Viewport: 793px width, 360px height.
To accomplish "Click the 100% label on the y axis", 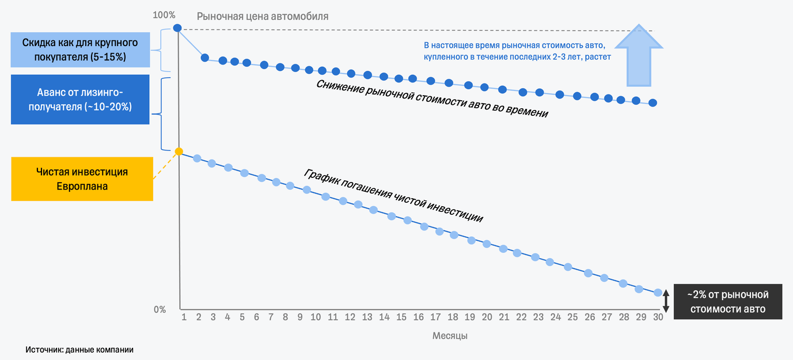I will click(x=164, y=14).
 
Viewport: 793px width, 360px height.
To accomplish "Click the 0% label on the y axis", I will click(x=160, y=310).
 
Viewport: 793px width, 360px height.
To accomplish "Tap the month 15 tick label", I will click(x=401, y=317).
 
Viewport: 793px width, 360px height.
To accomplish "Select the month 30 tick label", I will click(x=658, y=317).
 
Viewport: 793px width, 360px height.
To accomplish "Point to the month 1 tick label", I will click(x=184, y=317).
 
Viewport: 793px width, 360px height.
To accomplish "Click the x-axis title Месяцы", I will click(x=450, y=335).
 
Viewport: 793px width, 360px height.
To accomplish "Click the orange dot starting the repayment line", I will click(x=179, y=151).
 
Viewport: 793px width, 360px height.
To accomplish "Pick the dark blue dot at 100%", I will click(x=178, y=28).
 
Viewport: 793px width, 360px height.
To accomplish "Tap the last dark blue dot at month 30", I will click(x=652, y=103).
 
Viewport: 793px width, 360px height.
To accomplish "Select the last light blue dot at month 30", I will click(x=658, y=293).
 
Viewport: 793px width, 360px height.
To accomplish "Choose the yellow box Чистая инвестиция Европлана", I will click(x=82, y=179).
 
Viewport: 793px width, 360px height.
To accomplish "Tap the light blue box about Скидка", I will click(x=80, y=50).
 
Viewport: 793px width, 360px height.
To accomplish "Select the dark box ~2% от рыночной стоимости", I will click(x=728, y=301).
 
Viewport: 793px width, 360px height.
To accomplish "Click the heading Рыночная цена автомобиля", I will click(x=263, y=17).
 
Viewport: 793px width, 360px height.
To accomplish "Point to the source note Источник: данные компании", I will click(x=79, y=350).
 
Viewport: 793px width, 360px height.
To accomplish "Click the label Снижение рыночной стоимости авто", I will click(x=432, y=98).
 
